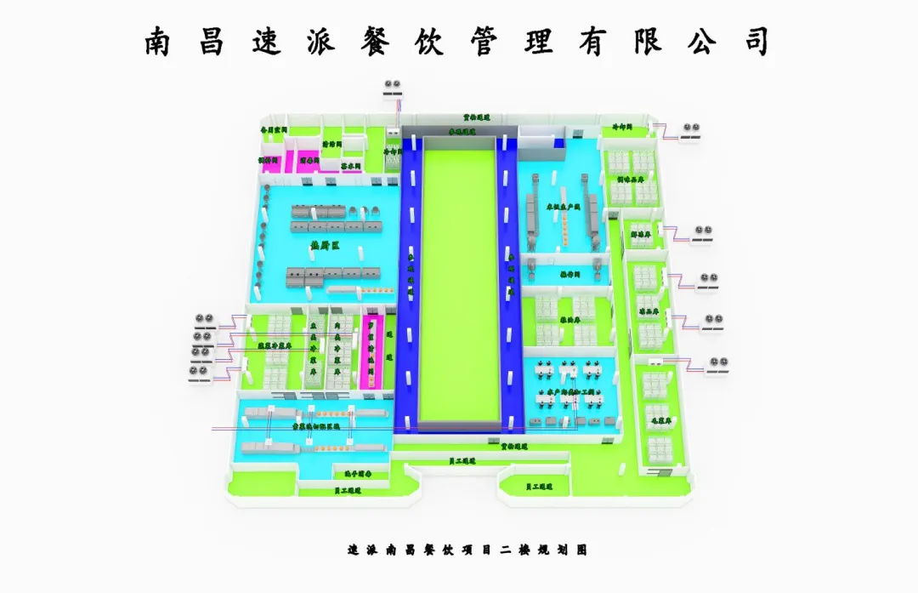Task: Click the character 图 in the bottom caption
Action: (582, 550)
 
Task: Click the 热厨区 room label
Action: (325, 247)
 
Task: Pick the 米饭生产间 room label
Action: (563, 208)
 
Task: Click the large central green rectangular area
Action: (458, 281)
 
